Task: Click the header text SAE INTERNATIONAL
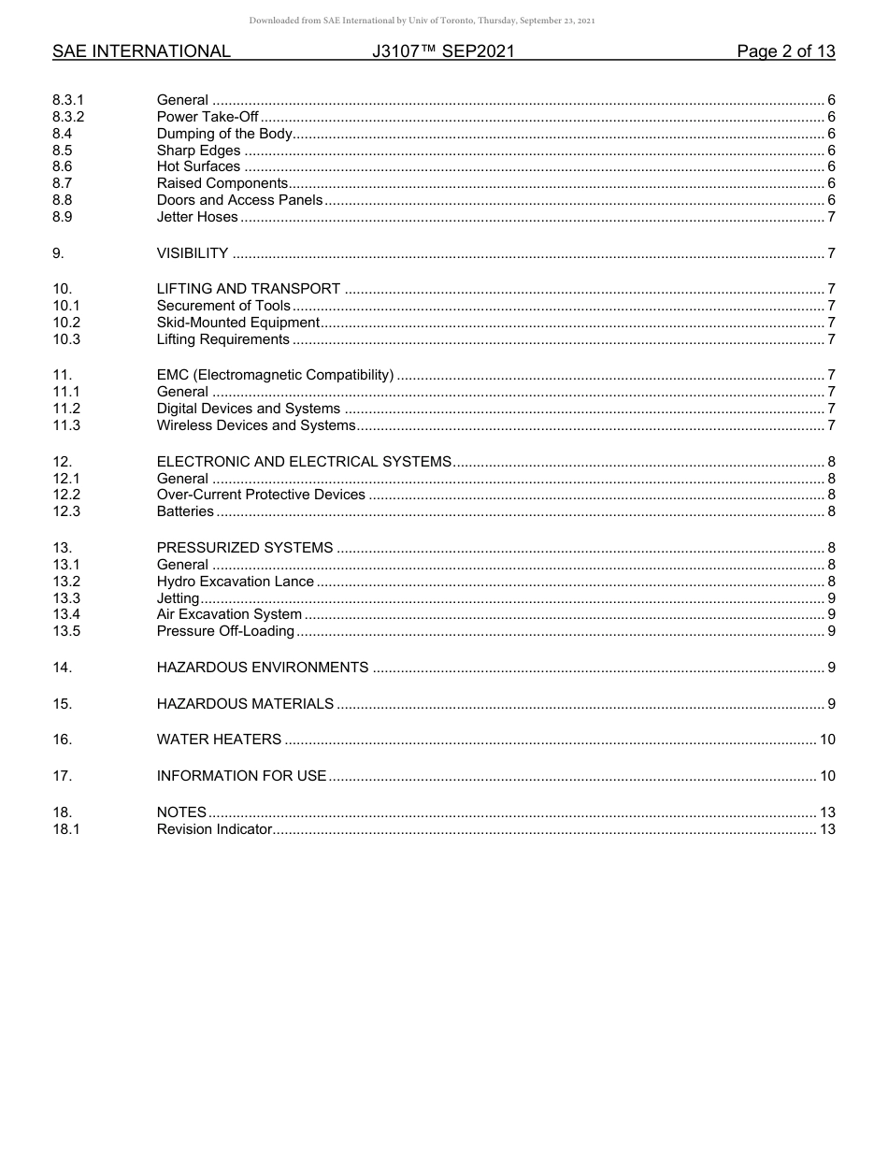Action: pyautogui.click(x=141, y=51)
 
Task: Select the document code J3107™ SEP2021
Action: pyautogui.click(x=443, y=51)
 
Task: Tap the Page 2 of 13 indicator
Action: pyautogui.click(x=785, y=51)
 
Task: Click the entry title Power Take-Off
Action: pyautogui.click(x=208, y=117)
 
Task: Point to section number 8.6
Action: pyautogui.click(x=63, y=166)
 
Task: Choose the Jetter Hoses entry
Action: pyautogui.click(x=197, y=217)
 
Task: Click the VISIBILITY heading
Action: pyautogui.click(x=193, y=253)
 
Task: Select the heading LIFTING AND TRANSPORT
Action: pyautogui.click(x=249, y=289)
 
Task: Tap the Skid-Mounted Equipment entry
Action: pyautogui.click(x=238, y=323)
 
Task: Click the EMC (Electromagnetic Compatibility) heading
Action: pyautogui.click(x=275, y=375)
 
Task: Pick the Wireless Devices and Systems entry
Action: pyautogui.click(x=256, y=425)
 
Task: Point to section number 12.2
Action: pyautogui.click(x=66, y=495)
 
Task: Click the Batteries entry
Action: pyautogui.click(x=185, y=511)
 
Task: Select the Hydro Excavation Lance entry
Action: pyautogui.click(x=236, y=582)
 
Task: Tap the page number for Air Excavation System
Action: pyautogui.click(x=831, y=614)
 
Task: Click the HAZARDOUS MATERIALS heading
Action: pyautogui.click(x=245, y=704)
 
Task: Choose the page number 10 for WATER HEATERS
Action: pyautogui.click(x=827, y=740)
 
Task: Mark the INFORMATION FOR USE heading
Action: pyautogui.click(x=241, y=776)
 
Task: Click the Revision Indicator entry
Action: pyautogui.click(x=214, y=829)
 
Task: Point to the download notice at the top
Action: pyautogui.click(x=422, y=21)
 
